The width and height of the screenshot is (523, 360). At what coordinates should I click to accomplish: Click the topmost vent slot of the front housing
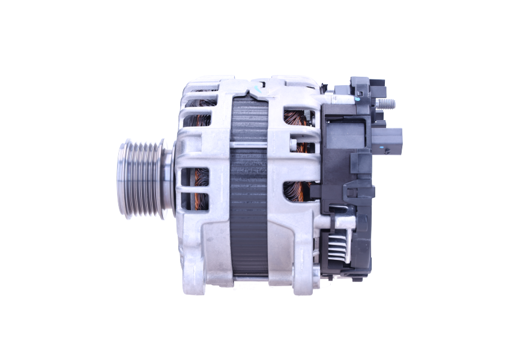198,96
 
